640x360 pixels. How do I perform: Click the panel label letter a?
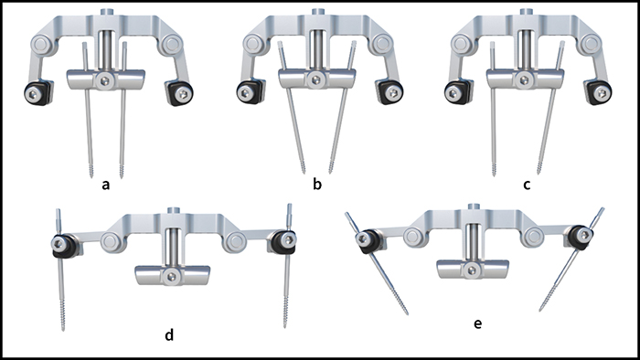point(106,185)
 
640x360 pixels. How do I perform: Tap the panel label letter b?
point(317,185)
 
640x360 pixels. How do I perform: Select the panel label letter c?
point(527,185)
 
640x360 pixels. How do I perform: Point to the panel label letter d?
point(169,334)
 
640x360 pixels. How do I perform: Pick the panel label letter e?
point(477,323)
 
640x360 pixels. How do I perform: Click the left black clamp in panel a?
point(38,93)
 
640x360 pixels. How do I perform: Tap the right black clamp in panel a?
point(179,92)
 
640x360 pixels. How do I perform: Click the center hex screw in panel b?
point(315,79)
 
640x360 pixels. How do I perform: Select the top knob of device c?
point(524,11)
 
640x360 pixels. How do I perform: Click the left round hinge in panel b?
point(253,43)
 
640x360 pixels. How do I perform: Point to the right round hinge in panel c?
point(591,43)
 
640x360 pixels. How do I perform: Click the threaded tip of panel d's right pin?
point(285,313)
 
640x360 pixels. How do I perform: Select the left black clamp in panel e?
point(368,241)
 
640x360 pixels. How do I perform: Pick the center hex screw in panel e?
point(473,270)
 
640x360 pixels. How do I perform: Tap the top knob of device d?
point(173,210)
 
